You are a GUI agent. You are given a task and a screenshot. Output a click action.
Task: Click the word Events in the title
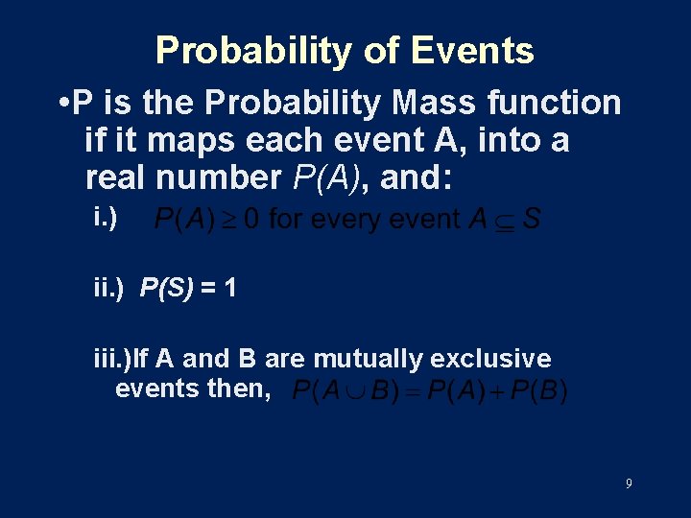pyautogui.click(x=474, y=50)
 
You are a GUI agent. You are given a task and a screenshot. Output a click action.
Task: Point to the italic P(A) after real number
pyautogui.click(x=327, y=179)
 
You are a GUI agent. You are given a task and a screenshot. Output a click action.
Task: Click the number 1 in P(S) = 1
pyautogui.click(x=229, y=287)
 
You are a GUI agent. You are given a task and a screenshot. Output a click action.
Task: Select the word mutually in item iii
pyautogui.click(x=369, y=359)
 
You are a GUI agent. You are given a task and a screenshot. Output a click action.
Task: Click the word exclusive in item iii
pyautogui.click(x=491, y=359)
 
